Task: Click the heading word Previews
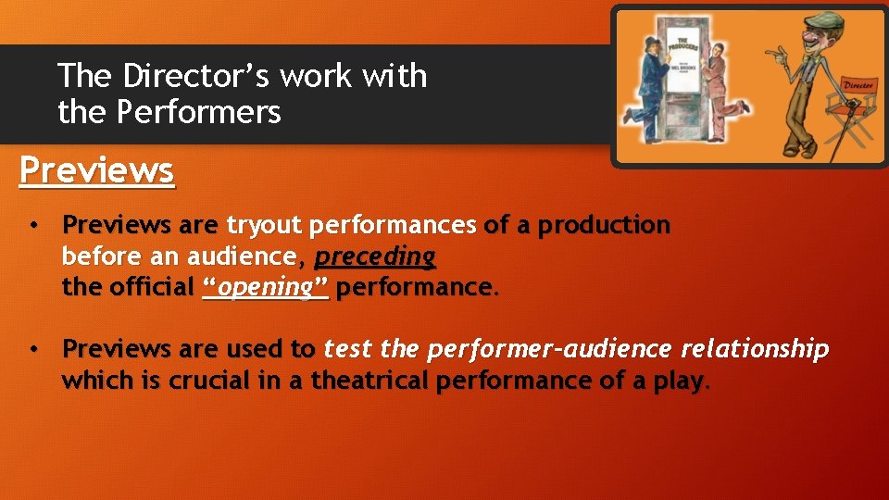[96, 170]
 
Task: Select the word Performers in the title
[198, 112]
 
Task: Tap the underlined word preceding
[375, 256]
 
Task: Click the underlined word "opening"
[265, 287]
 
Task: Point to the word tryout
[266, 225]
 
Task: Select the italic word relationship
[755, 349]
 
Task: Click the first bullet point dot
[32, 225]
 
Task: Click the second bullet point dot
[32, 349]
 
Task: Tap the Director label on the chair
[856, 85]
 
